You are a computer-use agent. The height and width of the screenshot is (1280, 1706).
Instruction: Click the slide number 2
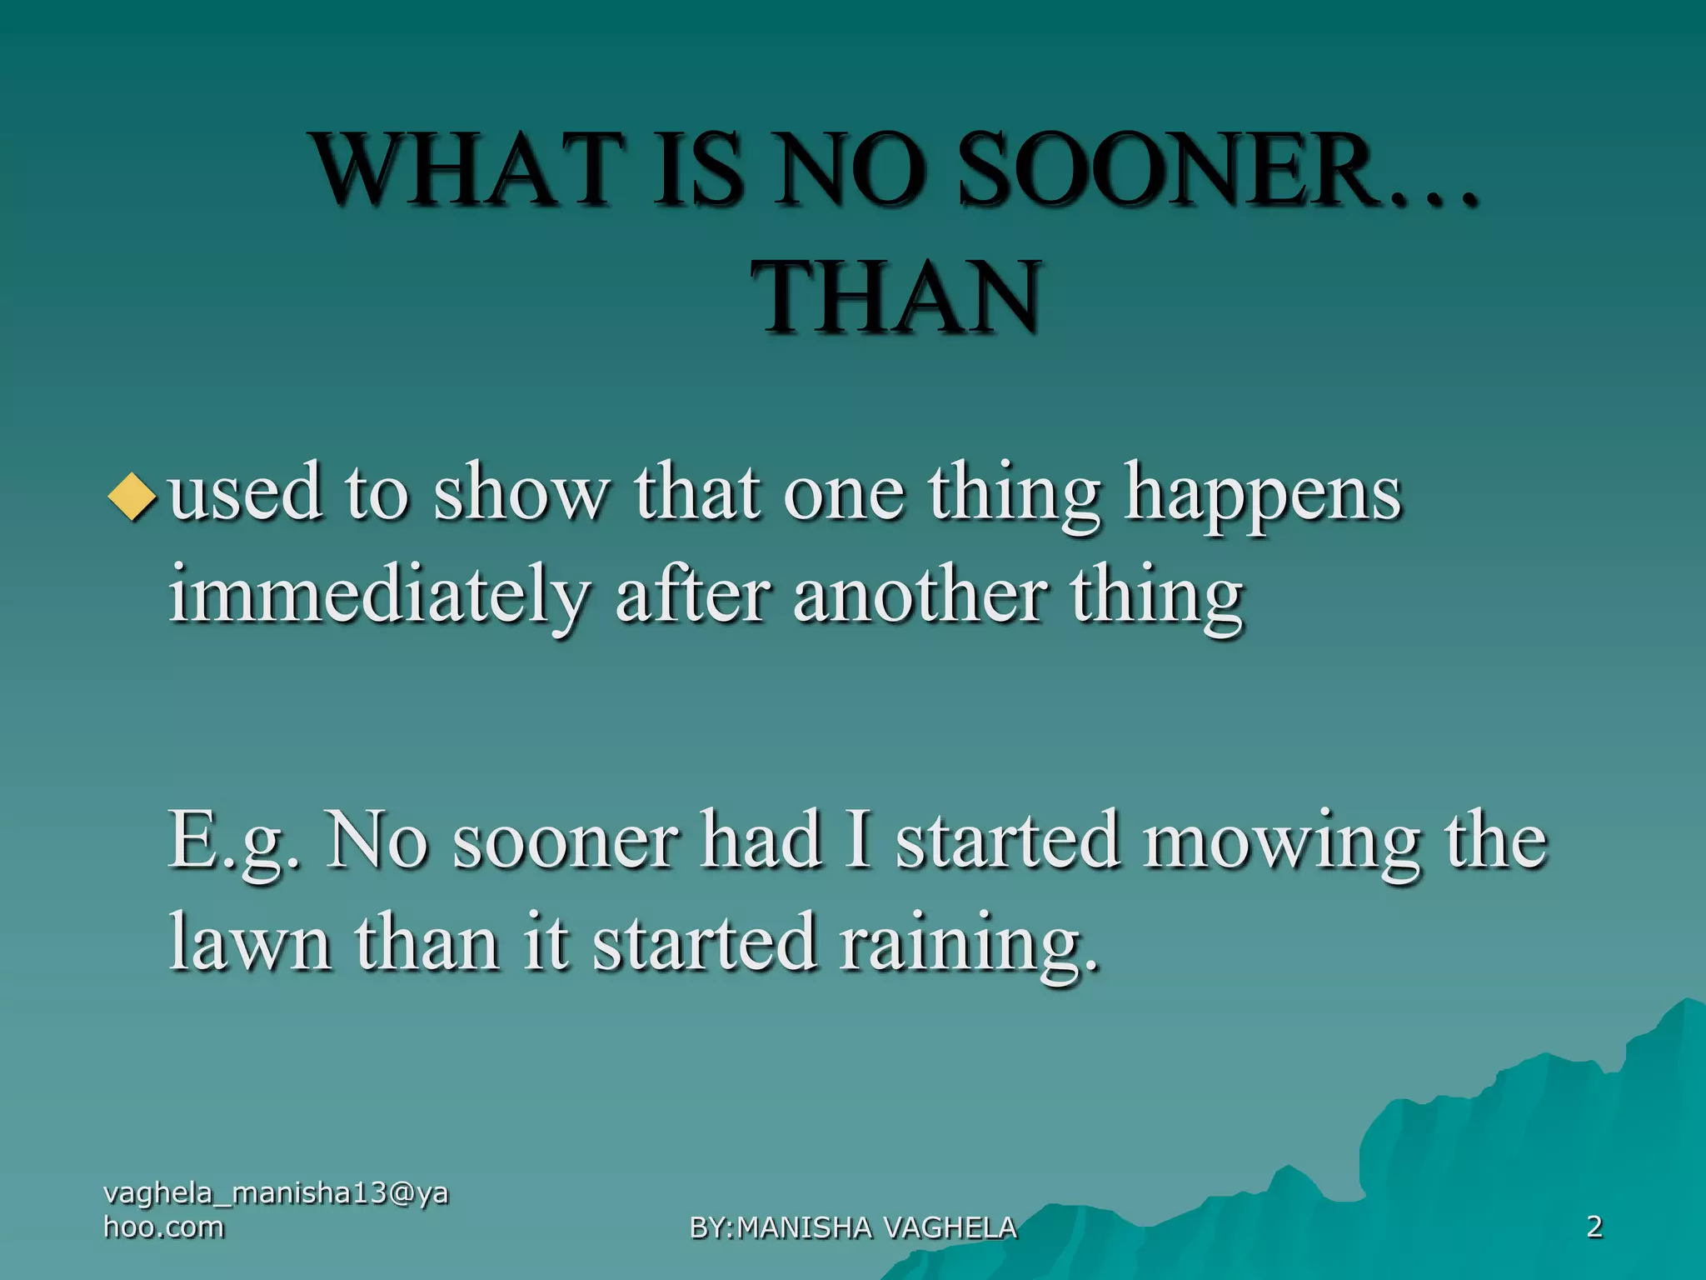click(1594, 1227)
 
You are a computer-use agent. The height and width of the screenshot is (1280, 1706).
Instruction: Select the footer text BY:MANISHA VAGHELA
click(853, 1227)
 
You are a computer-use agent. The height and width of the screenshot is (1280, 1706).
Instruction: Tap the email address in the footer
click(275, 1210)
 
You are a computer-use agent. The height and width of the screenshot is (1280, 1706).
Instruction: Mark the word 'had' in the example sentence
click(762, 842)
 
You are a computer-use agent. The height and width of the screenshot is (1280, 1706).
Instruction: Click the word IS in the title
click(696, 171)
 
